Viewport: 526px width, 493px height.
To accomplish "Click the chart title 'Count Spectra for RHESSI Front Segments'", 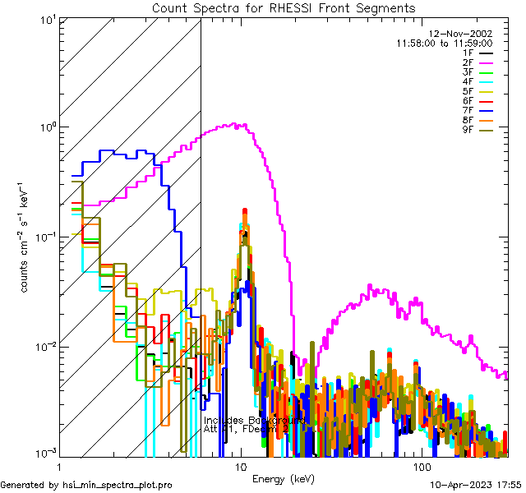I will click(284, 8).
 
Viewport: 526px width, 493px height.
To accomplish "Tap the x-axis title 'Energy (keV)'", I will click(284, 477).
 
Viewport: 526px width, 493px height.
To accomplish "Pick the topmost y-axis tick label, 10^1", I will click(45, 19).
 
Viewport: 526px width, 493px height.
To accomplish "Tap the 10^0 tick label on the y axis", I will click(45, 127).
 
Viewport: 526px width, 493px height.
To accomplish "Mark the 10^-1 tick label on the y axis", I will click(44, 237).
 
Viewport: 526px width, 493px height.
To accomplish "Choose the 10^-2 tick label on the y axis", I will click(44, 346).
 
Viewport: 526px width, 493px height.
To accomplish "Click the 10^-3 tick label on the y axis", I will click(44, 453).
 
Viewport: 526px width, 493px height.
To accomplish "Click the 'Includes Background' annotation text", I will click(255, 420).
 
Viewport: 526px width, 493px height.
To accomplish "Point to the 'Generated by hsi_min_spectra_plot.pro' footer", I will click(87, 485).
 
